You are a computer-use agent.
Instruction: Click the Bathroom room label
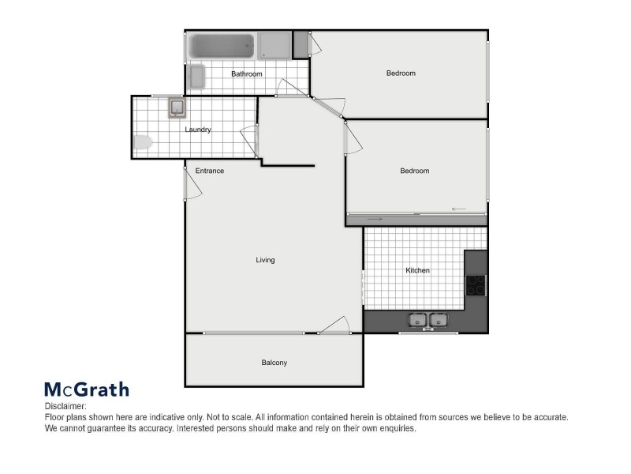point(246,74)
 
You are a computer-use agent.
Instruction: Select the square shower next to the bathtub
point(274,45)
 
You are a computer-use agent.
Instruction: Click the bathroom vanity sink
point(196,77)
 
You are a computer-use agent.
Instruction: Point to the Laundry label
point(198,130)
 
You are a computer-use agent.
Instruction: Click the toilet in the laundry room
point(143,143)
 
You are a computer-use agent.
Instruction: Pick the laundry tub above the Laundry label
point(177,107)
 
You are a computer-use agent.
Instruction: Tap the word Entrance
point(209,171)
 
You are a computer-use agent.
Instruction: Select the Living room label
point(265,260)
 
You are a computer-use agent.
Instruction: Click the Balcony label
point(274,363)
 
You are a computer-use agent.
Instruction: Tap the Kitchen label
point(417,271)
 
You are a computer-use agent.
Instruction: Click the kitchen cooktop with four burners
point(476,284)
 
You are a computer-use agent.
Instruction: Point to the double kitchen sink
point(427,320)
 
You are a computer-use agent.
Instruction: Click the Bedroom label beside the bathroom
point(401,73)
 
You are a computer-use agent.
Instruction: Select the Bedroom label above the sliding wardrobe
point(414,171)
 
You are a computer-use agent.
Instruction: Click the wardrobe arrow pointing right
point(375,219)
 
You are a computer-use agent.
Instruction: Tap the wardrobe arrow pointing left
point(459,209)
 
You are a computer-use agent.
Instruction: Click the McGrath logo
point(86,389)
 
